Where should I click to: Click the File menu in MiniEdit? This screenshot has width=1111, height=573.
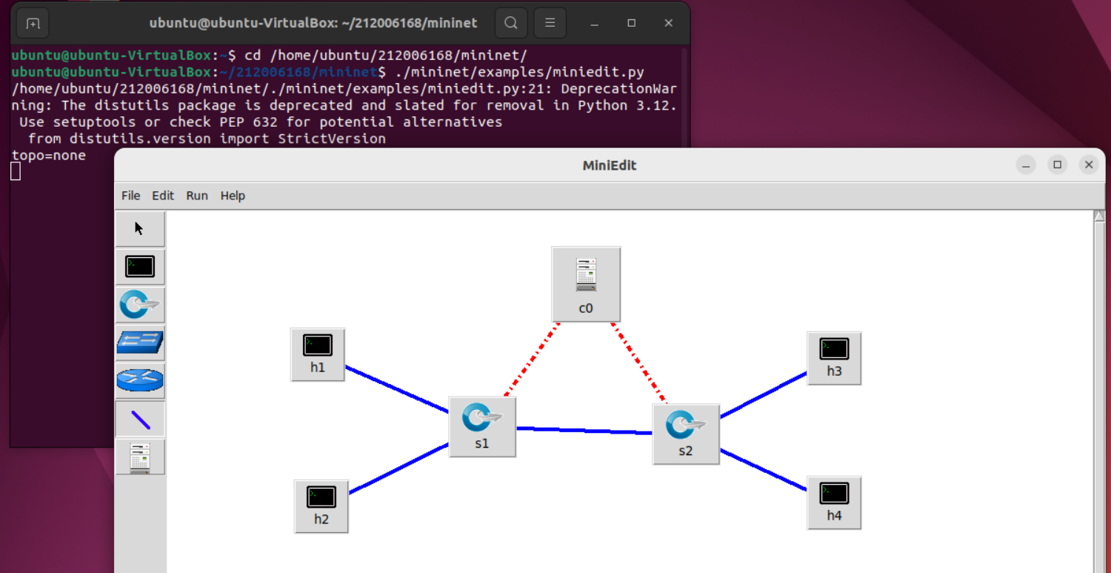130,196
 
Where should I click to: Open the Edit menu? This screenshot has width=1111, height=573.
163,196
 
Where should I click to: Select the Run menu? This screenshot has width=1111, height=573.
197,196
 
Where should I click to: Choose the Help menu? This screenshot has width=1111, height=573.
233,196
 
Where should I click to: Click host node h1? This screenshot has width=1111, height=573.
318,354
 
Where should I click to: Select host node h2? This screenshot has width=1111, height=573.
321,506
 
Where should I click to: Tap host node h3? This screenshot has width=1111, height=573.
834,358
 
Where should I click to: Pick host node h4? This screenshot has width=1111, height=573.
834,503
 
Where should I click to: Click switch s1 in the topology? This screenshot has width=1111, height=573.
482,426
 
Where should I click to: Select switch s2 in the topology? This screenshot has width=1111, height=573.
686,434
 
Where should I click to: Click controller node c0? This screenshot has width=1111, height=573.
586,284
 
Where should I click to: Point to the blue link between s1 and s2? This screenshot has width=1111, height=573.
584,430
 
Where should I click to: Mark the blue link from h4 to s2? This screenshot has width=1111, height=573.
763,469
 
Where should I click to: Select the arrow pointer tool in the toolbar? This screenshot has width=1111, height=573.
140,228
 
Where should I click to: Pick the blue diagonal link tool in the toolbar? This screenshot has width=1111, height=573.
140,420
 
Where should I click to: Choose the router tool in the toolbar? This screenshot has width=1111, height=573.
140,381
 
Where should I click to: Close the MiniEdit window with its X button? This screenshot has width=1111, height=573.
1088,165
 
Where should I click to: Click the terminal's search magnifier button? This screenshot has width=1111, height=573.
511,23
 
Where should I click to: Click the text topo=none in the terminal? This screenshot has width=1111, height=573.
49,156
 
